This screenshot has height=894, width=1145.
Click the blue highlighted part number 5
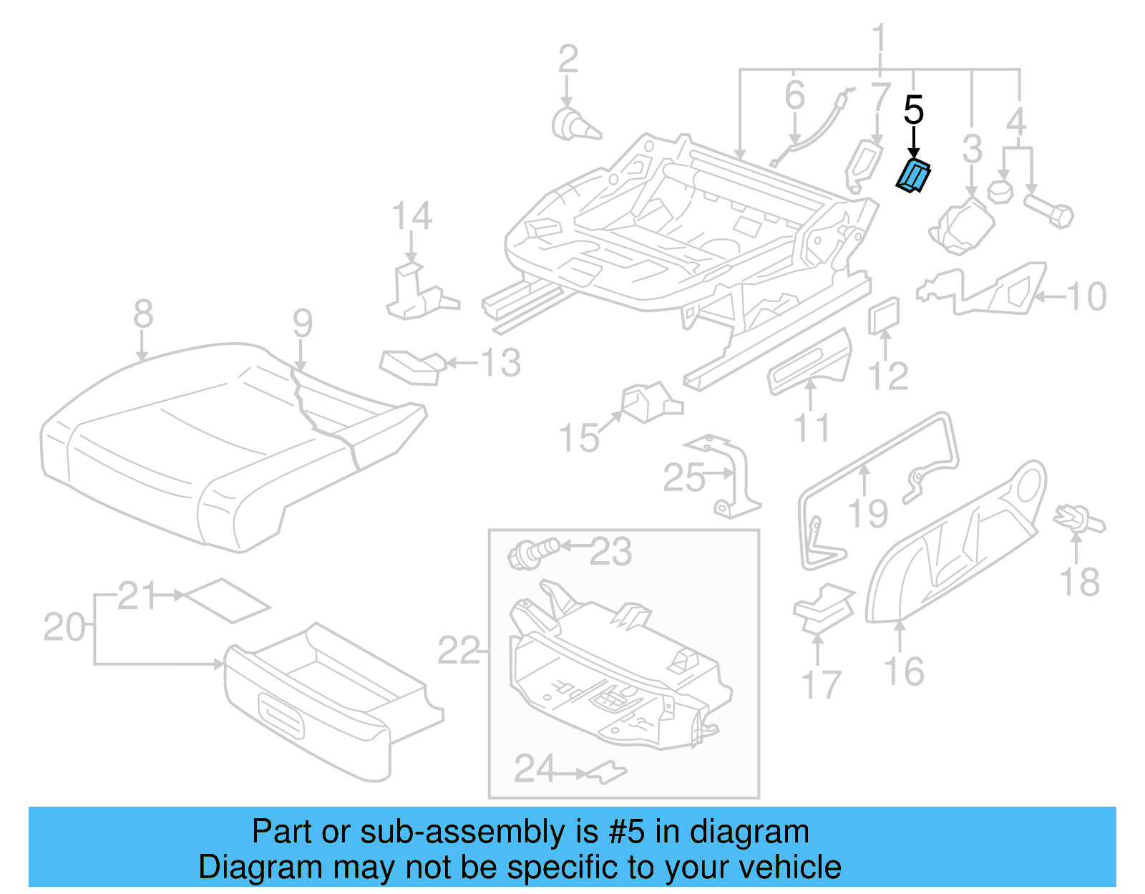[914, 177]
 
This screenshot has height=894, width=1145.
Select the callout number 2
[567, 59]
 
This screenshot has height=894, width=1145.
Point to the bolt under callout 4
[1049, 211]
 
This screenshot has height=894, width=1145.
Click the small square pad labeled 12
[884, 316]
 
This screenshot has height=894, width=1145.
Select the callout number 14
[412, 215]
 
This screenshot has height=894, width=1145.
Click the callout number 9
[303, 324]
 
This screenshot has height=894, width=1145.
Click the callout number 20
[64, 627]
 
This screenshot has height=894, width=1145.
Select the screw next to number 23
[532, 553]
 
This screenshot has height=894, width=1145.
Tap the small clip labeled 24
[607, 772]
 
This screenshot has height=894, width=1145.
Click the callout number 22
[459, 650]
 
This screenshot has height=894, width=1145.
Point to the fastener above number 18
[1078, 519]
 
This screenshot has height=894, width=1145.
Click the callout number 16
[905, 671]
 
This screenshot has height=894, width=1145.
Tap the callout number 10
[1086, 296]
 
